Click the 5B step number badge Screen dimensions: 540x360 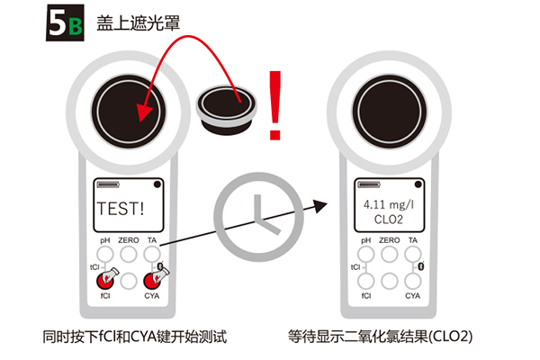coord(65,22)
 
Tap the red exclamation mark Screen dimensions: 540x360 coord(275,105)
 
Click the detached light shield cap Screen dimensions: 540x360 coord(226,110)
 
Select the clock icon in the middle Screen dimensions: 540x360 coord(258,217)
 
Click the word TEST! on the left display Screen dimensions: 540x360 coord(121,209)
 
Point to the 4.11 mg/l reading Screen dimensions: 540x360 coord(389,204)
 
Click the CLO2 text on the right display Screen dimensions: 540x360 coord(389,220)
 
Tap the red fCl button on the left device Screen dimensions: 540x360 coord(105,281)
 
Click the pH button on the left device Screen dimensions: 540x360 coord(105,254)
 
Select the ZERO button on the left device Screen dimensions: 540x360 coord(129,254)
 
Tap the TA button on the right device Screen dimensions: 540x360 coord(412,254)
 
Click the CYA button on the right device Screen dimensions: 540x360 coord(412,281)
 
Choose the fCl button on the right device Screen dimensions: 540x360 coord(366,281)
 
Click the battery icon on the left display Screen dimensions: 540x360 coord(108,184)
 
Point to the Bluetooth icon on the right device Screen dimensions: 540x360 coord(421,266)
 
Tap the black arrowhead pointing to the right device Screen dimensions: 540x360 coord(319,206)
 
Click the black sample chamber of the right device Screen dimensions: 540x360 coord(389,112)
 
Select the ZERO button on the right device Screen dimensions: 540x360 coord(390,254)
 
